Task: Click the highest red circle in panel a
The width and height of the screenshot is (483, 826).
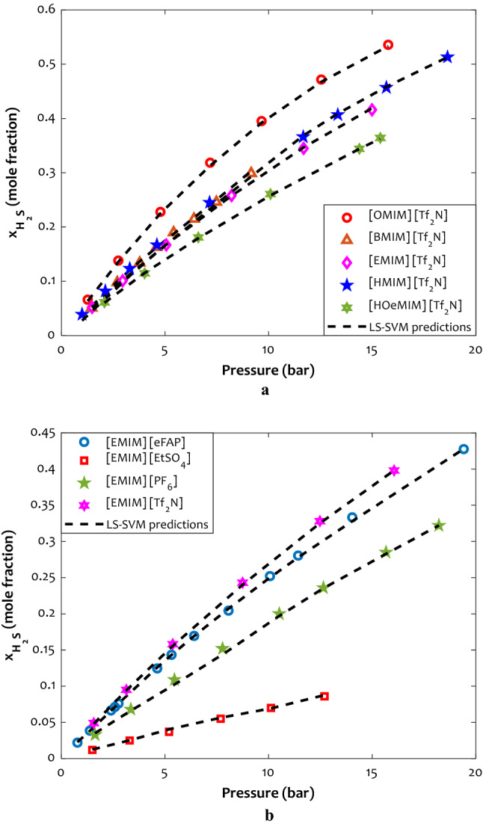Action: [388, 45]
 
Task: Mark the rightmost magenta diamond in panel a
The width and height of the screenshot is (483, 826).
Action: [372, 110]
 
